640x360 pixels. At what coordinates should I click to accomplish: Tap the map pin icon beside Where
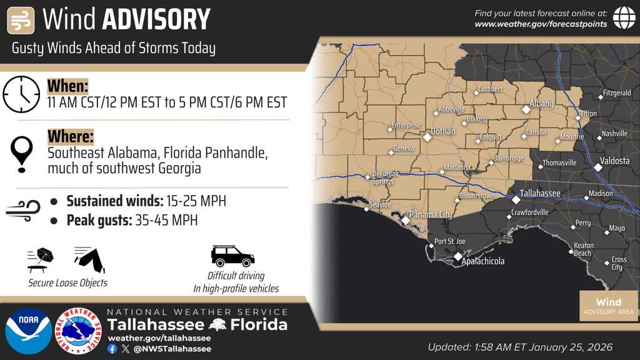[22, 152]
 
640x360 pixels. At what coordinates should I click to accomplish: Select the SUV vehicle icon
[232, 256]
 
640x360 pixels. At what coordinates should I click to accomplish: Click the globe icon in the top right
[623, 17]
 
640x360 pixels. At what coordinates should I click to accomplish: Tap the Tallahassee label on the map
[541, 194]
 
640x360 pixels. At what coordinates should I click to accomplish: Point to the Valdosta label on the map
[614, 161]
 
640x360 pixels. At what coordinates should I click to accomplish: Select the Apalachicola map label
[483, 261]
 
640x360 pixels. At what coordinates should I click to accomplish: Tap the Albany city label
[541, 104]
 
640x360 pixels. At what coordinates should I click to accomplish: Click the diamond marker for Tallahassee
[516, 200]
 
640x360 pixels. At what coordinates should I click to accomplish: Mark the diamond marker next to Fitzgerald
[599, 97]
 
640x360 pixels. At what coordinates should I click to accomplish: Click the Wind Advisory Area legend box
[608, 306]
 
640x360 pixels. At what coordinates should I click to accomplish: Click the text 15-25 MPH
[196, 201]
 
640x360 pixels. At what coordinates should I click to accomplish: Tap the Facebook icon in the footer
[112, 349]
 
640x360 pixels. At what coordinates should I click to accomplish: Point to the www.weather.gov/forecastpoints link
[541, 24]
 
